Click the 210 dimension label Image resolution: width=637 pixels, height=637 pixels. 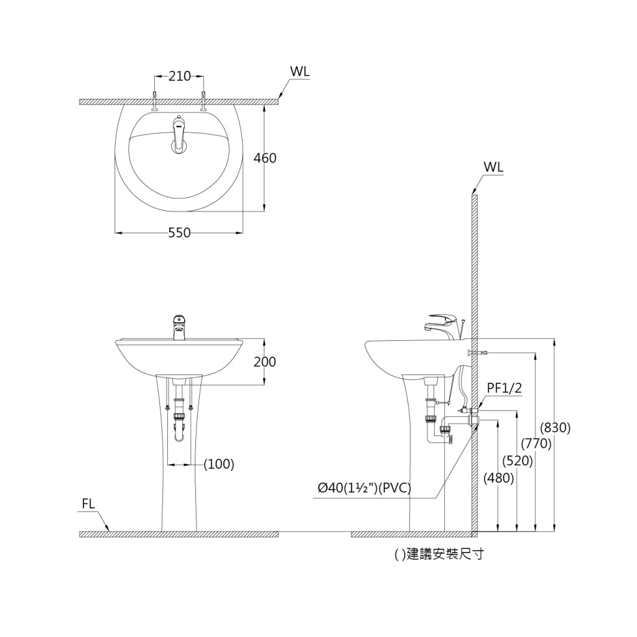click(x=180, y=77)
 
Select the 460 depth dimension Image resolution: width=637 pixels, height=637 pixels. click(x=265, y=158)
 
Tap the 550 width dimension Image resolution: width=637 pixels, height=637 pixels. click(x=179, y=233)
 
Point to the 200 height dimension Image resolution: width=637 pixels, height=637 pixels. click(x=265, y=361)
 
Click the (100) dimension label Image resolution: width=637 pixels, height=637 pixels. click(x=220, y=464)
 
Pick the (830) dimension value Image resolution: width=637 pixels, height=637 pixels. click(x=555, y=428)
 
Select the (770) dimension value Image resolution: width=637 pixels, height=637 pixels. click(x=536, y=444)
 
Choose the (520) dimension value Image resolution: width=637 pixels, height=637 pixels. click(x=518, y=461)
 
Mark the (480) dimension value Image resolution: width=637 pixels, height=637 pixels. click(x=499, y=478)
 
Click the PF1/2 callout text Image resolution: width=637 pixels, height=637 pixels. click(x=504, y=388)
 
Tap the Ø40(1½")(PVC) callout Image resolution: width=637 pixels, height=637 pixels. click(x=365, y=488)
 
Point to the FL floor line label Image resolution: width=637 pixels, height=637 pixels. click(x=89, y=504)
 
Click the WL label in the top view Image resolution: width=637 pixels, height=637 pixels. click(x=299, y=72)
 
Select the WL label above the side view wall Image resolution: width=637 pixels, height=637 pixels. click(x=493, y=167)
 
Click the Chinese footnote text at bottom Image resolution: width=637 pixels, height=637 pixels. click(x=439, y=554)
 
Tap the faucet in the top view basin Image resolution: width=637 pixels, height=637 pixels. click(x=179, y=134)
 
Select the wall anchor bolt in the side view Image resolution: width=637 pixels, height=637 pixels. click(x=478, y=353)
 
